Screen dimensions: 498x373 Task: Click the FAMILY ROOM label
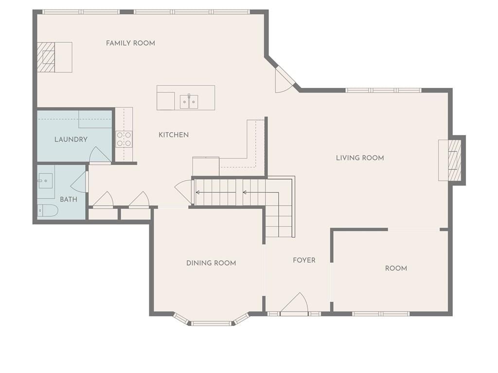130,43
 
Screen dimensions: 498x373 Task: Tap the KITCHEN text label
174,135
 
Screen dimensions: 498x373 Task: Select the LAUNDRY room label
71,139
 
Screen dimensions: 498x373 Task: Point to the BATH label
69,200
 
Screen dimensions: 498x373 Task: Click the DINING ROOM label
211,263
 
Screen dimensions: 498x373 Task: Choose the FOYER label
304,260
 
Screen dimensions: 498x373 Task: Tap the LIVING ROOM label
360,158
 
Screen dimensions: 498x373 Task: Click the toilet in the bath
48,211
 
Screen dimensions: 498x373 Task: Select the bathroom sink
45,181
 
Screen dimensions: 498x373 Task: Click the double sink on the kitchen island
189,102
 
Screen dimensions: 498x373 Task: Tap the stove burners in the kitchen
124,139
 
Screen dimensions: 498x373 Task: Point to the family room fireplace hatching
46,57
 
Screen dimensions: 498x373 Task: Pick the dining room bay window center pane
212,323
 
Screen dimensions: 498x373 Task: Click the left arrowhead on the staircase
197,192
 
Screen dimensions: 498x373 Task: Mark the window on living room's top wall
383,90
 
